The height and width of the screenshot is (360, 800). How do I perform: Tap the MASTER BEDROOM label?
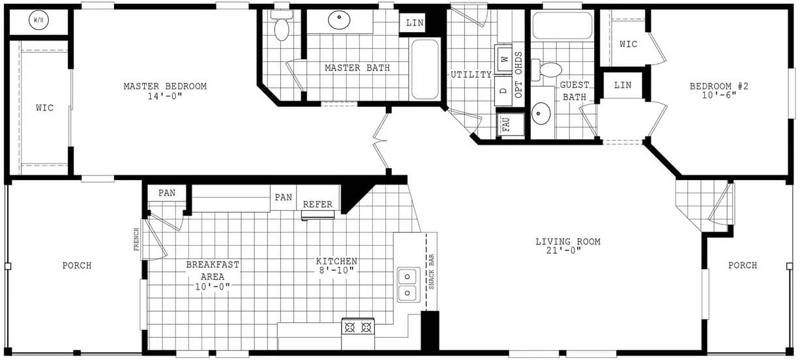[x=165, y=87]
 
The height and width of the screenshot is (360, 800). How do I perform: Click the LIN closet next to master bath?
[x=415, y=23]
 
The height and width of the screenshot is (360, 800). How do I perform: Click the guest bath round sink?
[x=541, y=113]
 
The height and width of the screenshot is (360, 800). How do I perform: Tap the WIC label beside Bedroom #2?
[x=628, y=44]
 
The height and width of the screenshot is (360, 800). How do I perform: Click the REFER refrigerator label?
[x=318, y=204]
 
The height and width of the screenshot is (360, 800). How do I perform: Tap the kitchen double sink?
[x=407, y=284]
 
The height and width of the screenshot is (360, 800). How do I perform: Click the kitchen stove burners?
[x=358, y=325]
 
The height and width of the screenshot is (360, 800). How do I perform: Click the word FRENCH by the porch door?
[x=136, y=239]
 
